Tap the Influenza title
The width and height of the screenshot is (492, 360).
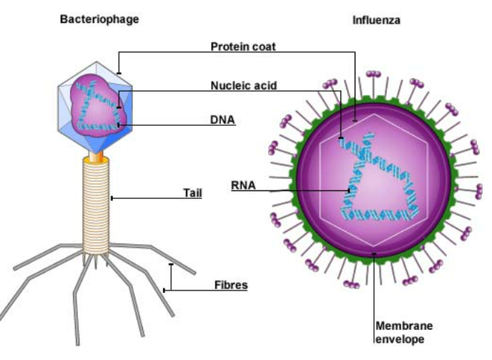pyautogui.click(x=376, y=21)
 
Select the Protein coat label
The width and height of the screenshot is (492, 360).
pyautogui.click(x=243, y=47)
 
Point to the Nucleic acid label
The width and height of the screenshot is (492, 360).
pyautogui.click(x=244, y=85)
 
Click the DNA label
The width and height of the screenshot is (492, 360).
pyautogui.click(x=222, y=120)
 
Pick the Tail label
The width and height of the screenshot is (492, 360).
pyautogui.click(x=192, y=193)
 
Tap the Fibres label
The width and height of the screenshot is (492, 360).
pyautogui.click(x=231, y=285)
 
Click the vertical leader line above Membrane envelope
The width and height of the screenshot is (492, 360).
pyautogui.click(x=373, y=286)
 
